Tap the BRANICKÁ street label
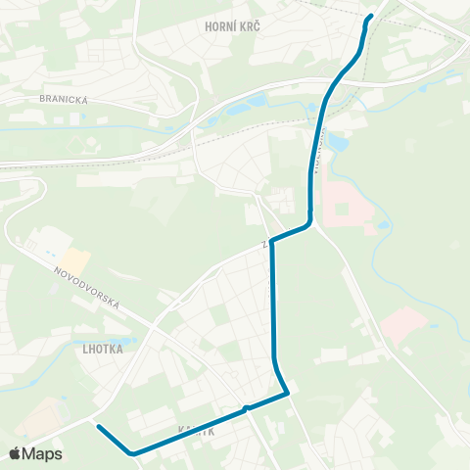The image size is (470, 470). click(x=64, y=98)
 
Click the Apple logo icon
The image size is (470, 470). click(x=16, y=453)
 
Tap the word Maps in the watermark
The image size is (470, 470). click(x=43, y=453)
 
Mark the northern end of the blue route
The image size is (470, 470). click(x=370, y=18)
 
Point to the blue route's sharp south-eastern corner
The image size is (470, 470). click(x=289, y=394)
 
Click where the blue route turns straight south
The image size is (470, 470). click(x=273, y=239)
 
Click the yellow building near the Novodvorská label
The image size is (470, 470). click(x=76, y=258)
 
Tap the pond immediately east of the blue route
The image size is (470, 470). click(x=338, y=143)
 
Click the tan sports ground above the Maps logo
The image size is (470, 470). click(x=34, y=421)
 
